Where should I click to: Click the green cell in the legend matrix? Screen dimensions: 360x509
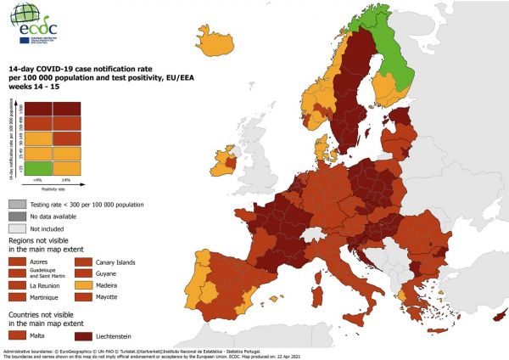pyautogui.click(x=38, y=170)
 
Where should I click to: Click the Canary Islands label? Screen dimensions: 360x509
pyautogui.click(x=120, y=262)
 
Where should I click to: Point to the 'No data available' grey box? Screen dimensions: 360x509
pyautogui.click(x=18, y=217)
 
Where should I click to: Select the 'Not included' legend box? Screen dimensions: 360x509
pyautogui.click(x=18, y=229)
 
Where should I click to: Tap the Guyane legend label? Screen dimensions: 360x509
pyautogui.click(x=111, y=275)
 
